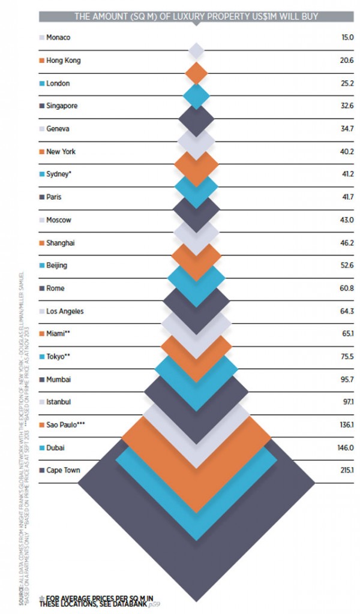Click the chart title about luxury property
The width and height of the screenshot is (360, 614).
(x=196, y=16)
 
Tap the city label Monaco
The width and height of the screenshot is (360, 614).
(x=58, y=38)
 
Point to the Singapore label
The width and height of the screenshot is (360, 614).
(x=62, y=106)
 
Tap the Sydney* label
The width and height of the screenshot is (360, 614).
(x=61, y=174)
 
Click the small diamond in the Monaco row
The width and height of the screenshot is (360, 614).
(x=196, y=50)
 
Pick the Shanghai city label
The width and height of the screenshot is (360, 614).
(x=61, y=243)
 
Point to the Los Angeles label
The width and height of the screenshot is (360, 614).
(x=65, y=311)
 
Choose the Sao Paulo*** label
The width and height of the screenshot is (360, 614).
(x=65, y=425)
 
